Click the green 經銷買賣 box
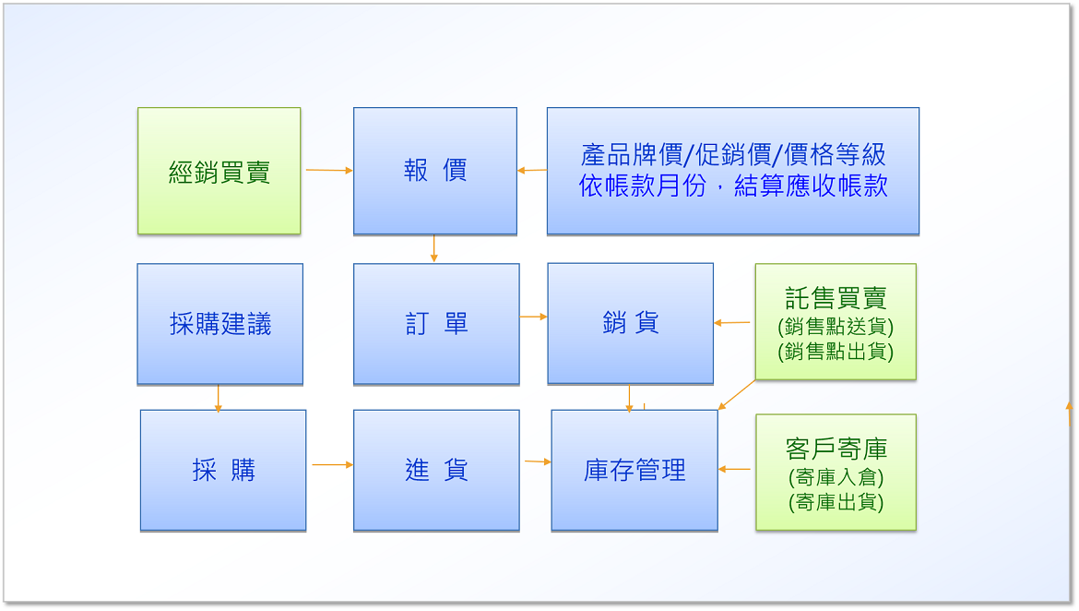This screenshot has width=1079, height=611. [x=219, y=171]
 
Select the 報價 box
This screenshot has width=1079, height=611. [x=435, y=171]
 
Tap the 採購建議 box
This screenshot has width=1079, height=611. [x=220, y=324]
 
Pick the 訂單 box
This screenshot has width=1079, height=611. [x=436, y=324]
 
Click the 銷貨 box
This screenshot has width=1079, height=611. [x=630, y=323]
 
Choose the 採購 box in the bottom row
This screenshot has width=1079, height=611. [x=223, y=471]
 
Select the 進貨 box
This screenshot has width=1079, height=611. [x=436, y=471]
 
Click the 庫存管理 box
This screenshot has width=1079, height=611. [x=634, y=471]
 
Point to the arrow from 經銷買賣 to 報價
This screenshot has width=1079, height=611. [x=329, y=170]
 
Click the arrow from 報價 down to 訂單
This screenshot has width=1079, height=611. [x=433, y=248]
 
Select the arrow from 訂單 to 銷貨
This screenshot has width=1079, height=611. [x=533, y=317]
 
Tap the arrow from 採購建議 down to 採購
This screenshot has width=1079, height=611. [x=219, y=398]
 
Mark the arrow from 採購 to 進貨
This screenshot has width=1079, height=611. [x=332, y=465]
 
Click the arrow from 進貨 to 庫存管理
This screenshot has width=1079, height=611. [x=539, y=461]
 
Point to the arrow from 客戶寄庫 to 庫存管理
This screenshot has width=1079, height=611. [x=734, y=469]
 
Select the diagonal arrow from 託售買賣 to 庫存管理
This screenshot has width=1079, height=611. [x=736, y=395]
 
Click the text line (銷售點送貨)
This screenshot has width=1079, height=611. [x=836, y=326]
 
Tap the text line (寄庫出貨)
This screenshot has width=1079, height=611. [x=836, y=502]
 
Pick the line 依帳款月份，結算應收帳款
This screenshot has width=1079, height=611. [x=733, y=186]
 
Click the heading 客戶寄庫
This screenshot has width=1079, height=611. [x=836, y=449]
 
